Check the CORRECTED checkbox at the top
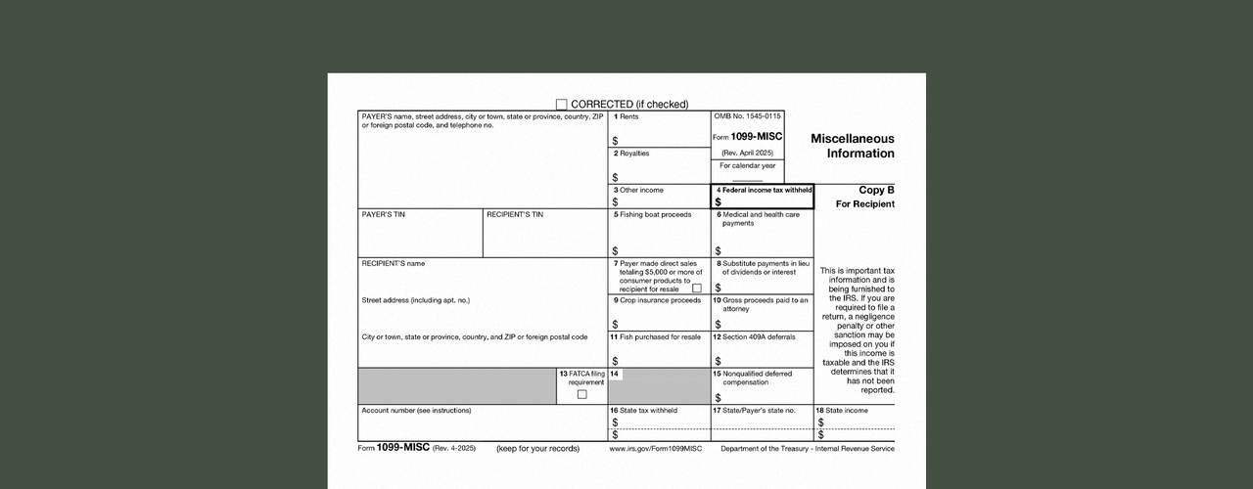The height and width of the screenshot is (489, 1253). click(562, 105)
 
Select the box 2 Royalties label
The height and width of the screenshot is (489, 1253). click(631, 154)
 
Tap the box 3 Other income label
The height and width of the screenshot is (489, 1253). click(638, 190)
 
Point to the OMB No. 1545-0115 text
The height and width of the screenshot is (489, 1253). click(748, 116)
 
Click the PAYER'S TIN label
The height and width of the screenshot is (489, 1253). click(383, 214)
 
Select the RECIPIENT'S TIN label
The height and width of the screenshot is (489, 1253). click(515, 214)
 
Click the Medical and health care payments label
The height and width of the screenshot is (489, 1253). click(762, 218)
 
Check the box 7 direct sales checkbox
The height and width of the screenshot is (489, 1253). click(697, 289)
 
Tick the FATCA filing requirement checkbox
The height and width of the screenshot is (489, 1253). click(581, 394)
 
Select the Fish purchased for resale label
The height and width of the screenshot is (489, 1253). click(657, 336)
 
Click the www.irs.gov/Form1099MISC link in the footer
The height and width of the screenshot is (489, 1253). click(656, 449)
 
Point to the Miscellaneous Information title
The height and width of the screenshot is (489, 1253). click(852, 146)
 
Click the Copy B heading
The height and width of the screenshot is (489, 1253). click(876, 190)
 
